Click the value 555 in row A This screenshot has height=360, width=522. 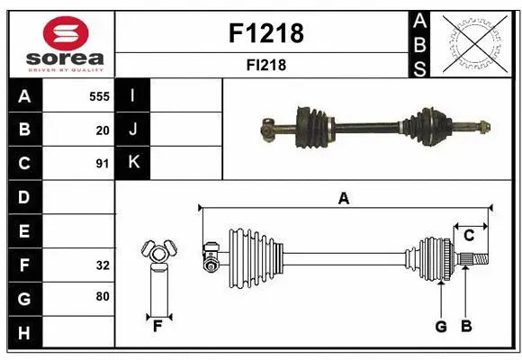pos(99,95)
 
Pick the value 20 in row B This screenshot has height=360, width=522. pos(103,130)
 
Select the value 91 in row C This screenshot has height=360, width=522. pos(103,164)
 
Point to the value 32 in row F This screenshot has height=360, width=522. pos(103,265)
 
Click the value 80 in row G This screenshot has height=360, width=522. pos(103,296)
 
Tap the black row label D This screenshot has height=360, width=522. pos(23,197)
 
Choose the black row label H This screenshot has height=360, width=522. pos(23,334)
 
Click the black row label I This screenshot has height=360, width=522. pos(133,95)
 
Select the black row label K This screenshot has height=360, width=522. pos(133,163)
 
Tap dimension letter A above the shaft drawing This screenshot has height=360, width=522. pos(343,199)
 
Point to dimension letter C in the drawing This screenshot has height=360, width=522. pos(469,235)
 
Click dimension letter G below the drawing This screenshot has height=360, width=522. pos(441,327)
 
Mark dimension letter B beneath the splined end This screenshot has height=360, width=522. pos(465,327)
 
